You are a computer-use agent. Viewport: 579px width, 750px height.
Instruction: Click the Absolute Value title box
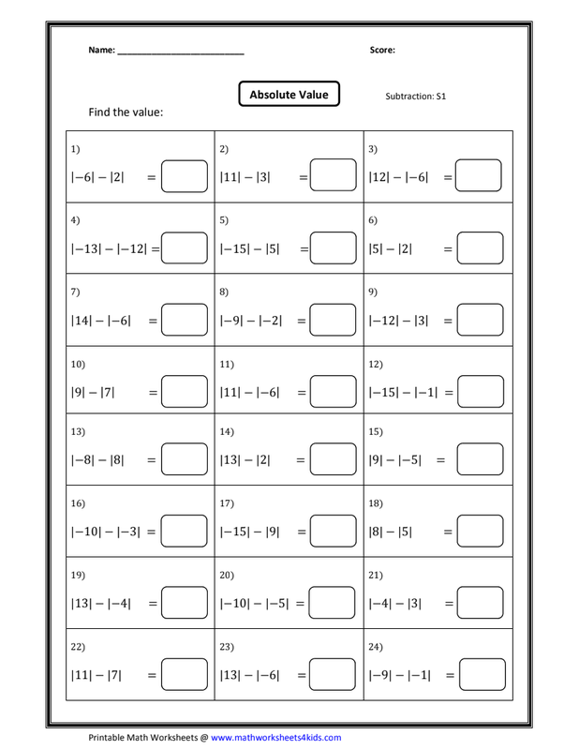[289, 95]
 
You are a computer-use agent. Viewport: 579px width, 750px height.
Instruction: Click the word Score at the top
[383, 51]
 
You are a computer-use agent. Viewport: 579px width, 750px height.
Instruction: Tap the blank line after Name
[181, 52]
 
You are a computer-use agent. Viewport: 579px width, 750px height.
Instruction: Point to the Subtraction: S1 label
[415, 97]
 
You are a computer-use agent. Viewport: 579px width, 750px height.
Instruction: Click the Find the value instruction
[126, 112]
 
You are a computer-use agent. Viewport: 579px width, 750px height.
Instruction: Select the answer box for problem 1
[184, 177]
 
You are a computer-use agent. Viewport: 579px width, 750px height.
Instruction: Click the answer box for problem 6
[481, 248]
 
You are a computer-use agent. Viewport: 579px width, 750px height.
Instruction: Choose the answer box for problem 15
[481, 460]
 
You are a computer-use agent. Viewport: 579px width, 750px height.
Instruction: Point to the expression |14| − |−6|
[100, 320]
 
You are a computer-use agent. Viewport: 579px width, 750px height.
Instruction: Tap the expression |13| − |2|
[245, 460]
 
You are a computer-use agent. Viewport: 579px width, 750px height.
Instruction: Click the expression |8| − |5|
[391, 532]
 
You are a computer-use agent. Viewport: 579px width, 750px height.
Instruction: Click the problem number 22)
[78, 646]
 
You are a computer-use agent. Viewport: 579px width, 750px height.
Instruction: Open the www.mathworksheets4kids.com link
[275, 737]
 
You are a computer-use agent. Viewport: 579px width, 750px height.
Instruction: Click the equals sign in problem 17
[303, 532]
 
